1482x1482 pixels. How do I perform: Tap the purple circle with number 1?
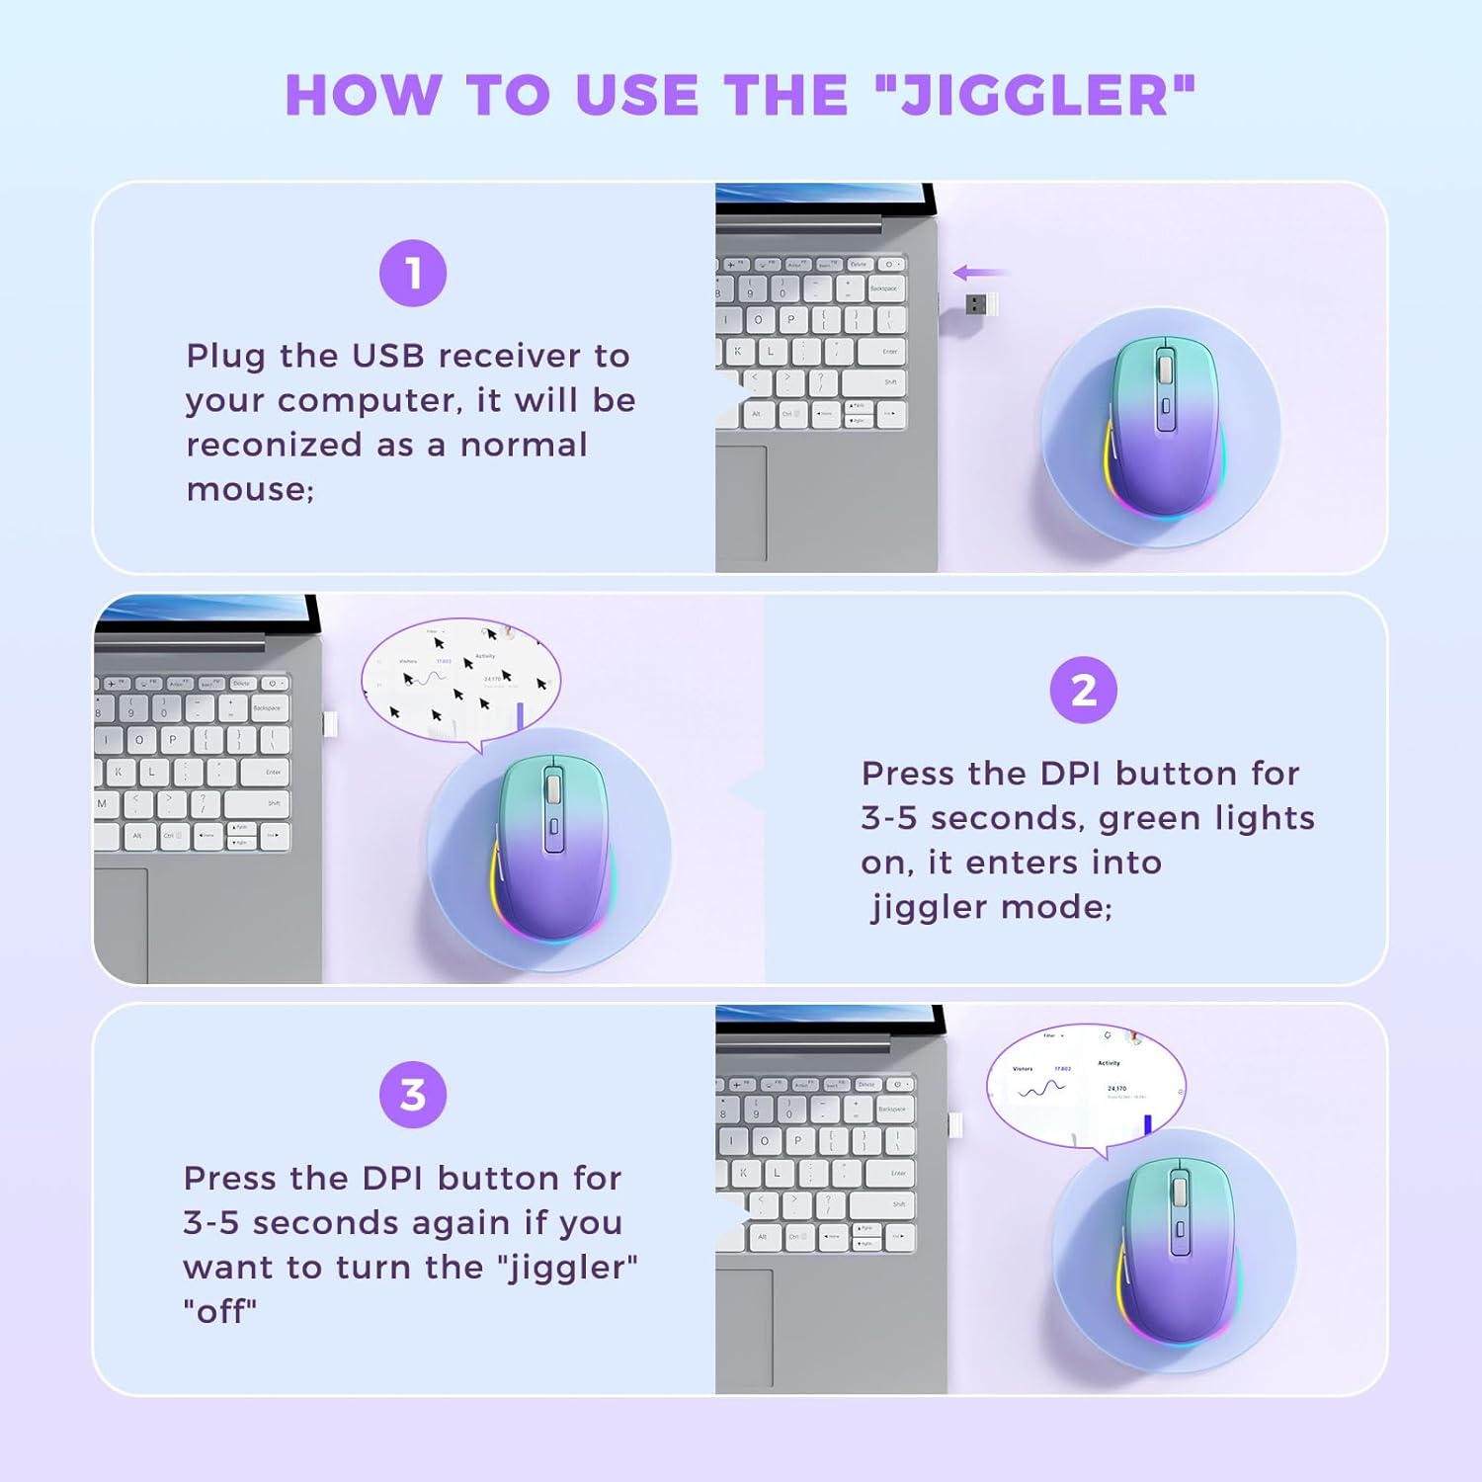pos(413,273)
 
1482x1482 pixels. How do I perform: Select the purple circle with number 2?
pos(1083,690)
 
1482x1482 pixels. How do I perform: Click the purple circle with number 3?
pos(413,1095)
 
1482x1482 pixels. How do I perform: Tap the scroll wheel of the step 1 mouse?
pos(1165,368)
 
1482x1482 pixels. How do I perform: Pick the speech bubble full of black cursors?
pos(460,680)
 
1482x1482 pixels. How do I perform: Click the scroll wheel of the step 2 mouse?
pos(552,788)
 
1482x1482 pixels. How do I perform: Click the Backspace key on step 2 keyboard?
pos(268,708)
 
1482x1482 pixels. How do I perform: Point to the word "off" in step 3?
pos(219,1312)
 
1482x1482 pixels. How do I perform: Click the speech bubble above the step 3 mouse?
pos(1085,1083)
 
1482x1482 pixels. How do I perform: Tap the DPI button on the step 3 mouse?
pos(1179,1231)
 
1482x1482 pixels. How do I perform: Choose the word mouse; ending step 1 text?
pos(249,490)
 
